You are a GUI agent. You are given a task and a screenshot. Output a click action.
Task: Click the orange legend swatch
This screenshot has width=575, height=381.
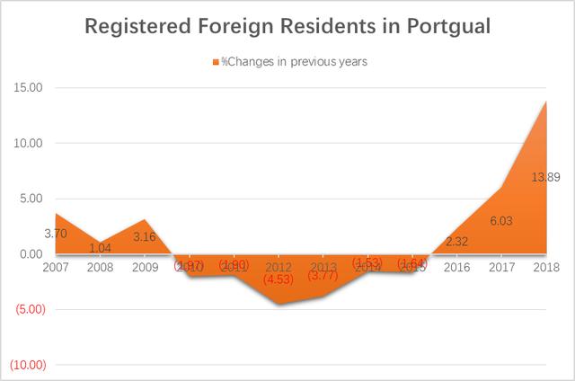click(216, 61)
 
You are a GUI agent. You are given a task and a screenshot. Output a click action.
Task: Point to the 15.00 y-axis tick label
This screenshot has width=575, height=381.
click(31, 88)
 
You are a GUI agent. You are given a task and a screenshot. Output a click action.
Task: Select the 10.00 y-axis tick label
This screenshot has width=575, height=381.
click(31, 144)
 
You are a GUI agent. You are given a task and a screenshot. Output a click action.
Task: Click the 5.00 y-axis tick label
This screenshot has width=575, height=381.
click(33, 199)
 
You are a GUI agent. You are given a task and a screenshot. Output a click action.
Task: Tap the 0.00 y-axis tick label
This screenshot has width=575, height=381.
click(33, 254)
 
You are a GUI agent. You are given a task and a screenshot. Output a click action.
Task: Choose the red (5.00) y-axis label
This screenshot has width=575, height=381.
click(30, 310)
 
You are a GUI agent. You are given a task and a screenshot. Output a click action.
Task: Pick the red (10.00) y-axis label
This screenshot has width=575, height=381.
click(27, 366)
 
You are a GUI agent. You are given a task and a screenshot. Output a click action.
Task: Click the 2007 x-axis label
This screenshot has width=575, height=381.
click(56, 267)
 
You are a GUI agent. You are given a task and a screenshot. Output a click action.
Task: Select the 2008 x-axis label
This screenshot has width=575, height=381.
click(100, 267)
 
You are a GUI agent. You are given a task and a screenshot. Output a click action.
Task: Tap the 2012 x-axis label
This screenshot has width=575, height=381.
click(279, 267)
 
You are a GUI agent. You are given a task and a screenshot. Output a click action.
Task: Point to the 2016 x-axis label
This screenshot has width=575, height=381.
click(456, 267)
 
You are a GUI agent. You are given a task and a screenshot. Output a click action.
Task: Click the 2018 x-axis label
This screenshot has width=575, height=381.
click(545, 267)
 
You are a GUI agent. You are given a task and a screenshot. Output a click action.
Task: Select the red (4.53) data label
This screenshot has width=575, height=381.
click(279, 279)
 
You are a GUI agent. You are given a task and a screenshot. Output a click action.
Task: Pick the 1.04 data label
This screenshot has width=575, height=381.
click(100, 248)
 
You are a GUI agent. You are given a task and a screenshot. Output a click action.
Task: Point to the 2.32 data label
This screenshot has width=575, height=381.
click(456, 242)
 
